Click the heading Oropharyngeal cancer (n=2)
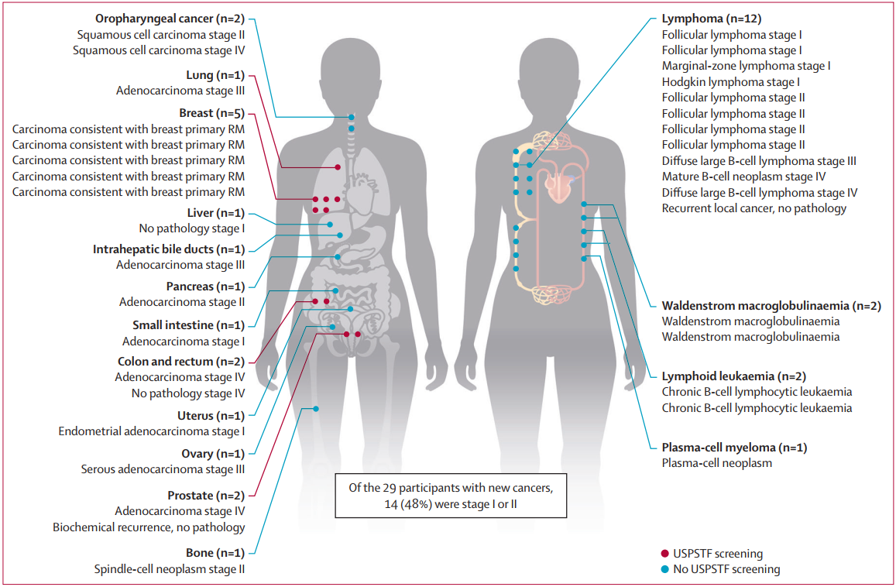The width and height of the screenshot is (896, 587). [170, 18]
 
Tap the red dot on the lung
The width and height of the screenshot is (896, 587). [338, 167]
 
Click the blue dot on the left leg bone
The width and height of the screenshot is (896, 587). [316, 408]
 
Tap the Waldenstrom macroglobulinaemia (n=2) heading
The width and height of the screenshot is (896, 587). [771, 306]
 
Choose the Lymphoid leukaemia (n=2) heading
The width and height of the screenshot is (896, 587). [734, 376]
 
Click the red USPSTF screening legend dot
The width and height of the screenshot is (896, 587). [665, 554]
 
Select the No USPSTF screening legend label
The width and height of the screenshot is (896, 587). [726, 569]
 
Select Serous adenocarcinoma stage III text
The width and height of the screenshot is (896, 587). [163, 469]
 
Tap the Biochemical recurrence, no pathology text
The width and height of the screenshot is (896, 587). [149, 527]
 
